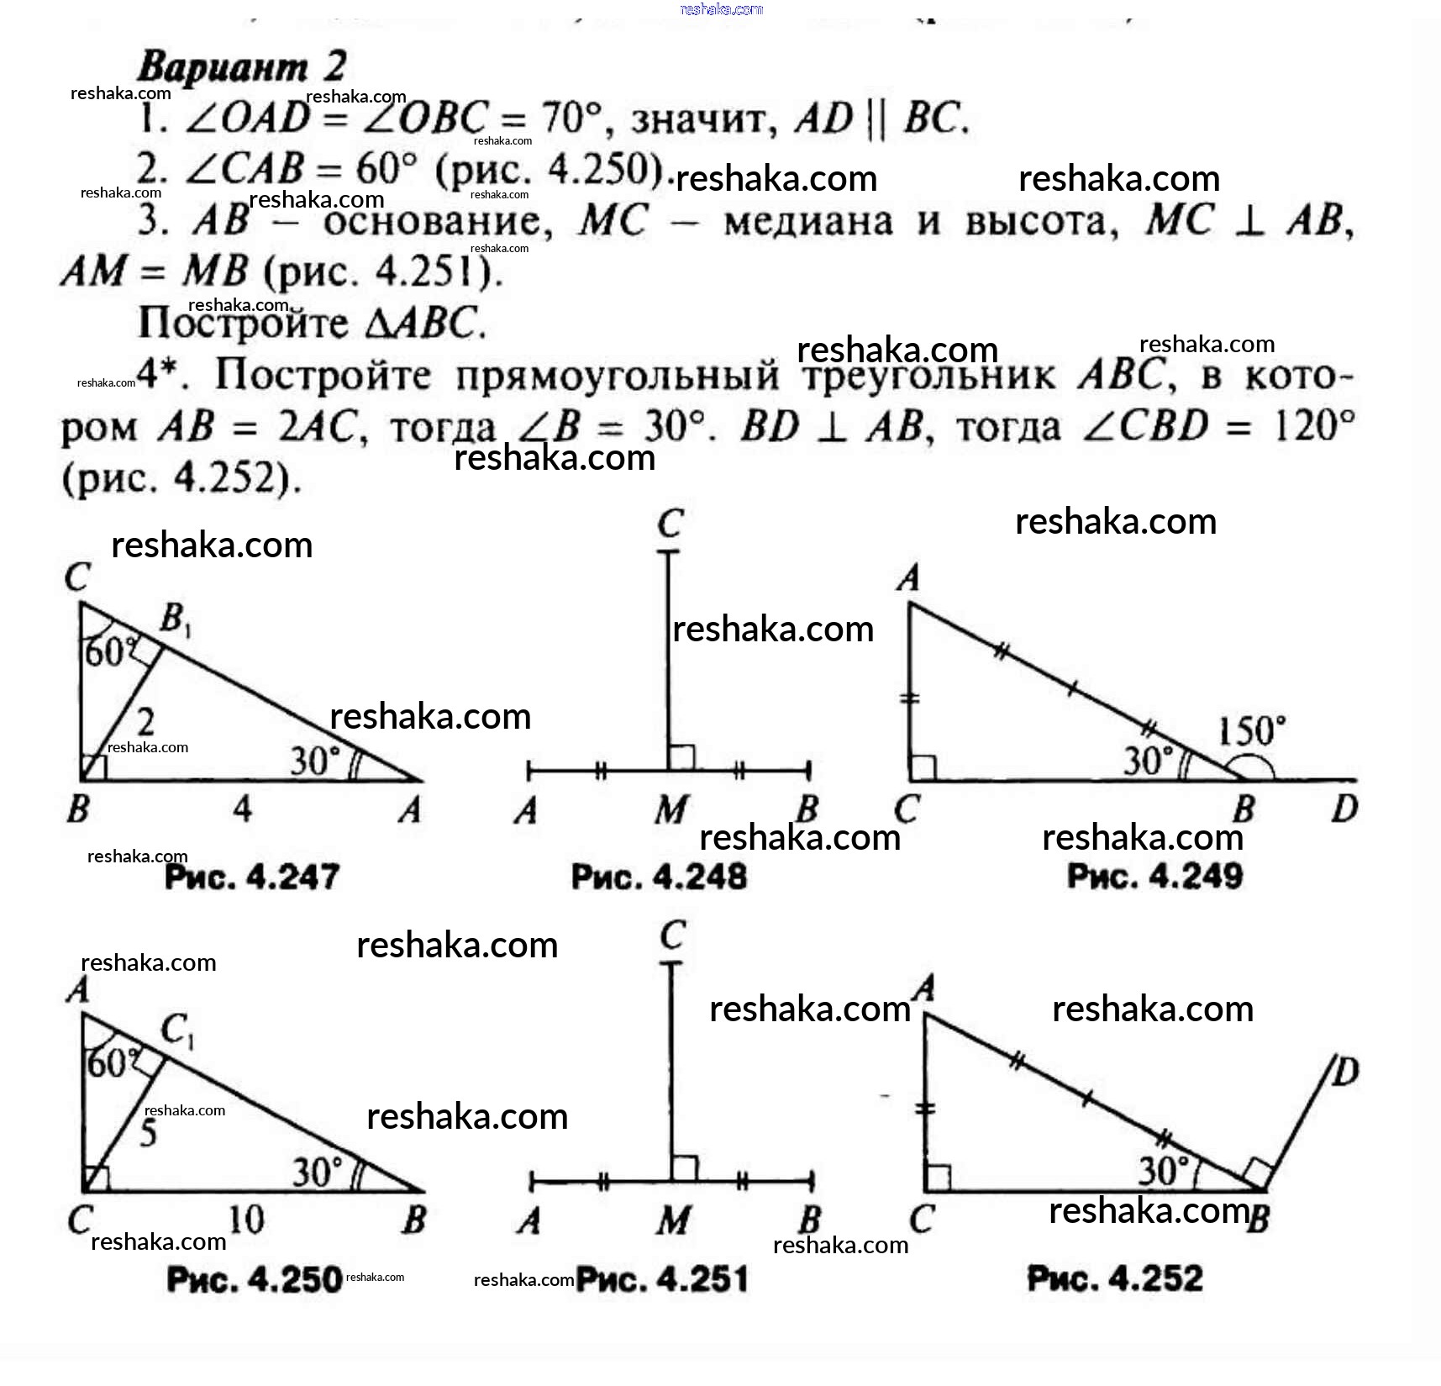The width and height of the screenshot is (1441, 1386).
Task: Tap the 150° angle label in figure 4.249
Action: coord(1251,730)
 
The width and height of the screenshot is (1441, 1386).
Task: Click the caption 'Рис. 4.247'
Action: coord(252,877)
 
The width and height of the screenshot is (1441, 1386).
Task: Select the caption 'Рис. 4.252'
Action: coord(1115,1278)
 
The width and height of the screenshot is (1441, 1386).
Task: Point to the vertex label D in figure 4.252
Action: coord(1345,1072)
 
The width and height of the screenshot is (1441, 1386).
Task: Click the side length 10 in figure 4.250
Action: coord(245,1219)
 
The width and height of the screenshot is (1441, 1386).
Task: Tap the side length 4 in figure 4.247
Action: coord(242,809)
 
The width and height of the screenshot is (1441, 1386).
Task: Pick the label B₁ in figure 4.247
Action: coord(175,620)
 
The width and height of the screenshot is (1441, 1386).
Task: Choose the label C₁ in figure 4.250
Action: coord(177,1030)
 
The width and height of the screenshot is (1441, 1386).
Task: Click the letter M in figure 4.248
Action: coord(671,810)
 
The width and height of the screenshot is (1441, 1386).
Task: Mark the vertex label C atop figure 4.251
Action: coord(673,935)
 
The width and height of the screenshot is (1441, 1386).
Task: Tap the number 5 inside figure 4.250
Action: coord(148,1133)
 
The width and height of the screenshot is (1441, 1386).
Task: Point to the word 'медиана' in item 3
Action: coord(808,222)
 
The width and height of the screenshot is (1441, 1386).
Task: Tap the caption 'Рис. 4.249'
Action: coord(1154,877)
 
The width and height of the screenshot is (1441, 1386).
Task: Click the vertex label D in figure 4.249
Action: coord(1344,809)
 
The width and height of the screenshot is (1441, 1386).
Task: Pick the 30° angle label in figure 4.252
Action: coord(1164,1169)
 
